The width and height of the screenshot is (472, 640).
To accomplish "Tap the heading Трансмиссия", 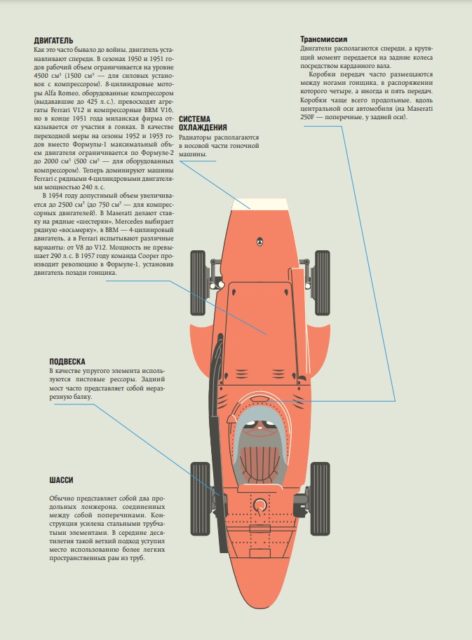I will tap(324, 39).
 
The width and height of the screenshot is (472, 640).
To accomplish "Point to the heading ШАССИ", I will tap(62, 480).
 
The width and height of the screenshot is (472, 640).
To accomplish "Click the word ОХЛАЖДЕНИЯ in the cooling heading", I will tap(203, 127).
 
